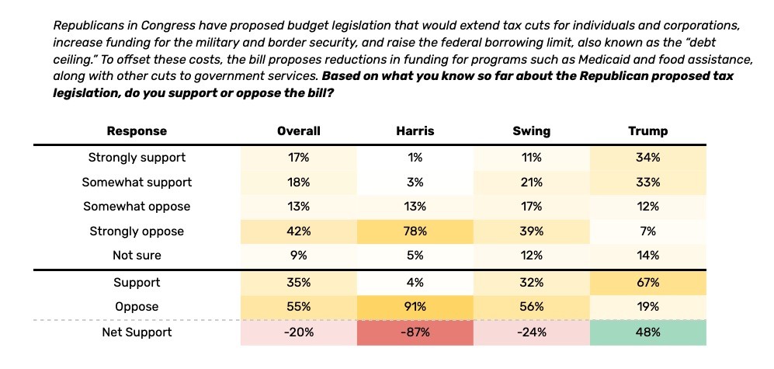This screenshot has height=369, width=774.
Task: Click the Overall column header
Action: coord(299,131)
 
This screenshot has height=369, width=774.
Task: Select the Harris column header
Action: coord(415,131)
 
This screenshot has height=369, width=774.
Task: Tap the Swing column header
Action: coord(532,131)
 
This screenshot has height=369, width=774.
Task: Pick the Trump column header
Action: coord(647,131)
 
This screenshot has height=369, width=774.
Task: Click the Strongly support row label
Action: coord(137,158)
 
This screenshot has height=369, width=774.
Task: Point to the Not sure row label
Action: coord(137,255)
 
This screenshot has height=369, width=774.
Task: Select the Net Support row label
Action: coord(137,332)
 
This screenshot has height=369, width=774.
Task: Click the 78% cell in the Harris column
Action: coord(415,231)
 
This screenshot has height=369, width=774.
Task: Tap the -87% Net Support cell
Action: coord(415,332)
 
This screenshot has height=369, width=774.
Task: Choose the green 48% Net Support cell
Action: coord(647,332)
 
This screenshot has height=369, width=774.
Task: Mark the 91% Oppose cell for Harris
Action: coord(415,307)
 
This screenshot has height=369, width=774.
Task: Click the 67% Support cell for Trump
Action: coord(647,283)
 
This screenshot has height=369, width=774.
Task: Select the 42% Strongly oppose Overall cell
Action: coord(299,231)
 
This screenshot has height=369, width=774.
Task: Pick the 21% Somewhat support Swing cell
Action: coord(532,182)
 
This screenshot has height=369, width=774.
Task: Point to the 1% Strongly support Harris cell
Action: coord(415,158)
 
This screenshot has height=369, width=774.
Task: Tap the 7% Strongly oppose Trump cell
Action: coord(647,231)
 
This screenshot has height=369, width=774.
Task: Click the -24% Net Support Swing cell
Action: coord(532,332)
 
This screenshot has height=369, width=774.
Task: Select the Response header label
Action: coord(137,131)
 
